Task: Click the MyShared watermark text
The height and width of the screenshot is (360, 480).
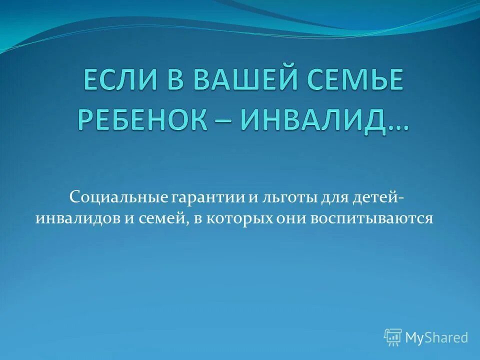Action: [436, 338]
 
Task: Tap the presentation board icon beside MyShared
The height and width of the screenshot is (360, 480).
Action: [393, 337]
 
